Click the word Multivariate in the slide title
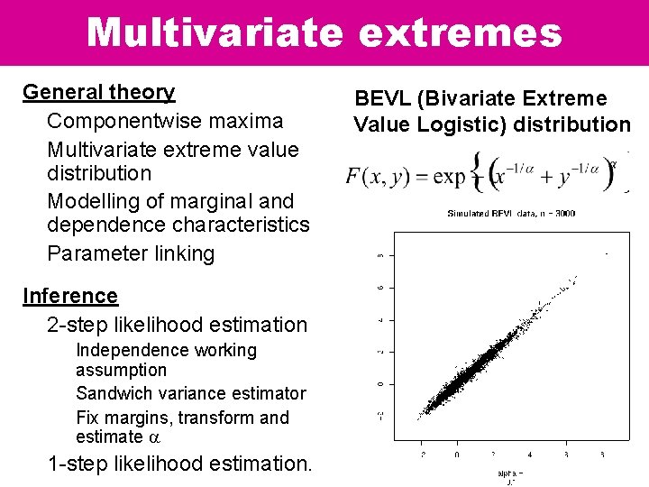[215, 32]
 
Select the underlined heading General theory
[99, 92]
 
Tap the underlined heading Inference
[70, 296]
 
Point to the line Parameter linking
[131, 253]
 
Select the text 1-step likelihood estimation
[179, 464]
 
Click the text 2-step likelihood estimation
[177, 325]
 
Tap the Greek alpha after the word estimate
[153, 437]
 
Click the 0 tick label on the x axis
[457, 455]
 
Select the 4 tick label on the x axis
[529, 455]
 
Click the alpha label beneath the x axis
[511, 473]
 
